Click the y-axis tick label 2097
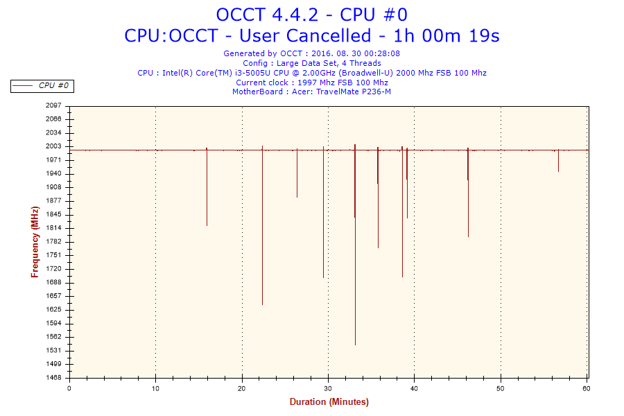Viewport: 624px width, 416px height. click(x=54, y=105)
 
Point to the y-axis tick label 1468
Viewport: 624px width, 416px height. click(x=54, y=378)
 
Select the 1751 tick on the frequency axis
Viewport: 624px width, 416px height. click(x=54, y=255)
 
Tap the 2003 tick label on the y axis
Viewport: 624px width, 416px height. click(x=54, y=146)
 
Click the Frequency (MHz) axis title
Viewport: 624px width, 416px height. click(x=35, y=241)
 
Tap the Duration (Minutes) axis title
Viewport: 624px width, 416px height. click(x=329, y=402)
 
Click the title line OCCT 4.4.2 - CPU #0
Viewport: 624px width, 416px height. click(x=311, y=15)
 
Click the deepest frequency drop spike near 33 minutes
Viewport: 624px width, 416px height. click(x=355, y=277)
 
